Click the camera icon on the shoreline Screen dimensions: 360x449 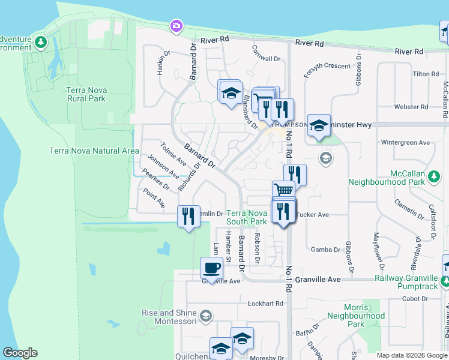pyautogui.click(x=176, y=26)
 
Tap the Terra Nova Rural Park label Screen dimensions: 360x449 pyautogui.click(x=86, y=94)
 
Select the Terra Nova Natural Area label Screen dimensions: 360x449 pyautogui.click(x=94, y=151)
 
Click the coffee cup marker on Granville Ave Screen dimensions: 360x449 pyautogui.click(x=211, y=268)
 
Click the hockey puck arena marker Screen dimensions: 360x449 pyautogui.click(x=319, y=125)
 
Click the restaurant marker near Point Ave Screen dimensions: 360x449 pyautogui.click(x=188, y=216)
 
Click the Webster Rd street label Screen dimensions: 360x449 pyautogui.click(x=411, y=107)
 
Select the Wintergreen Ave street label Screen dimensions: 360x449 pyautogui.click(x=406, y=143)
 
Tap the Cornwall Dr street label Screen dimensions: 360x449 pyautogui.click(x=267, y=59)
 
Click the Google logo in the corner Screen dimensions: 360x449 pyautogui.click(x=20, y=353)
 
